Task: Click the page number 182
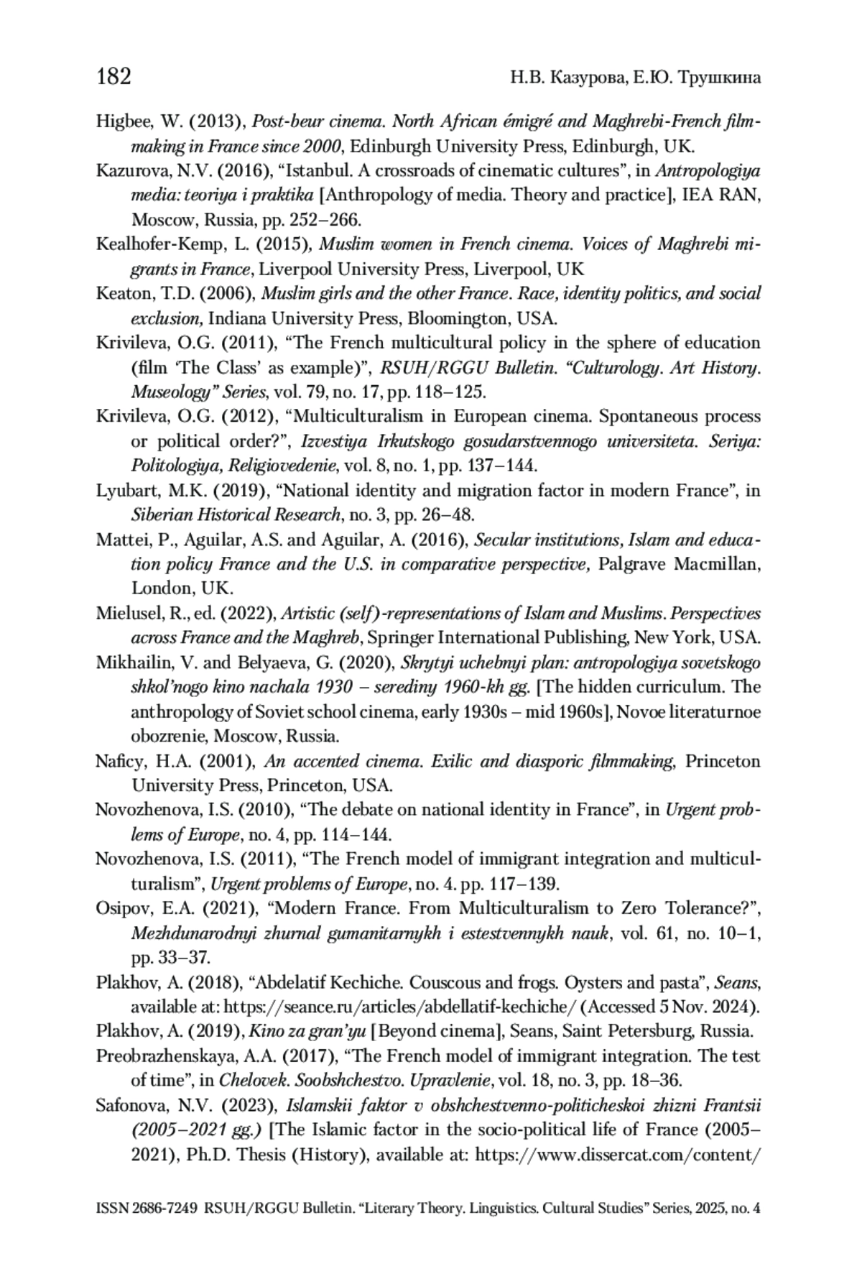pos(113,76)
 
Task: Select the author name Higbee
pos(121,121)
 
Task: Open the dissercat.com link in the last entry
pos(618,1155)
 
